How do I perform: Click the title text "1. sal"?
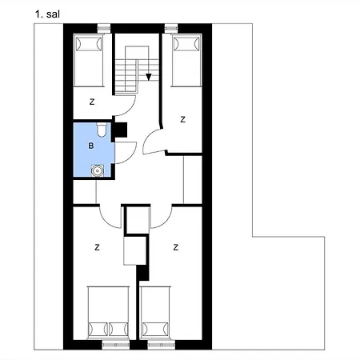coord(46,14)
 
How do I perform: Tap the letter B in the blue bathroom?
coord(91,146)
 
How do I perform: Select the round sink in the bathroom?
coord(98,169)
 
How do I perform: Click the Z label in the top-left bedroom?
coord(92,102)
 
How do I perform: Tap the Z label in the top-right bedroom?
coord(182,119)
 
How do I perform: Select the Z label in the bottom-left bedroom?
coord(96,246)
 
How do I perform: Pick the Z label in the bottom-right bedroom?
coord(174,246)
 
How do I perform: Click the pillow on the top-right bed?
coord(186,45)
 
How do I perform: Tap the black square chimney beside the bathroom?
coord(121,127)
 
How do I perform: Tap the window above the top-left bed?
coord(102,30)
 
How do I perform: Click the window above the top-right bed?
coord(170,30)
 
